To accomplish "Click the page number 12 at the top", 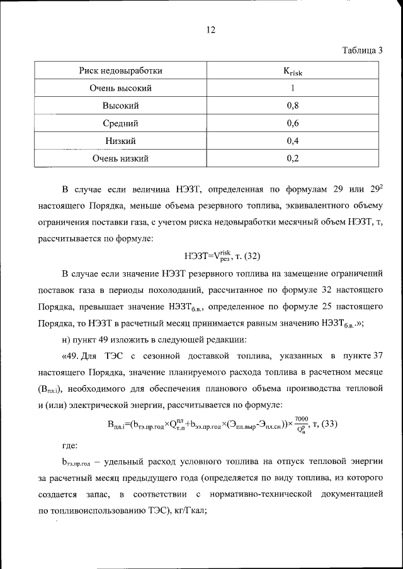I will click(x=211, y=30).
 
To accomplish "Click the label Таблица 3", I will click(x=362, y=51).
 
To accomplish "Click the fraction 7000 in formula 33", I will click(x=300, y=418).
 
